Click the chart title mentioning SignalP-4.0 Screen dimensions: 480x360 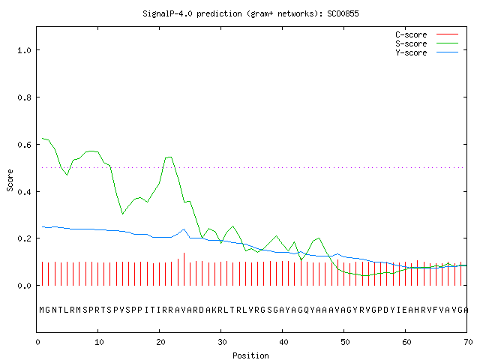[x=250, y=13]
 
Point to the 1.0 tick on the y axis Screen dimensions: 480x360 [x=25, y=50]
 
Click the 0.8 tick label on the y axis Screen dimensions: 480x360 [x=25, y=97]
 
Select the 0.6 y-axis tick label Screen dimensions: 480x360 [x=25, y=145]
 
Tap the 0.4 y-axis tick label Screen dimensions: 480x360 [x=25, y=192]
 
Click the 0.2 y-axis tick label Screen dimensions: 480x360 [x=25, y=238]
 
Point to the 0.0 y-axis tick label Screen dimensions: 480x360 [x=25, y=286]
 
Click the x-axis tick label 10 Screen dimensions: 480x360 [x=99, y=342]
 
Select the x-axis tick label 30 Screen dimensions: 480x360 [x=222, y=342]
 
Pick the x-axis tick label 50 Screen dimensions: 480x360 [x=345, y=342]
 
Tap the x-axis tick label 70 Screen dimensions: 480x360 [x=468, y=342]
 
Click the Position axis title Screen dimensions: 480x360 [x=250, y=355]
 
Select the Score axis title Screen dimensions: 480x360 [x=10, y=180]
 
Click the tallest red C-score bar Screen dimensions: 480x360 [x=184, y=269]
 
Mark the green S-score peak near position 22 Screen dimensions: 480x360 [x=170, y=157]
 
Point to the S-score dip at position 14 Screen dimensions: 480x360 [x=122, y=214]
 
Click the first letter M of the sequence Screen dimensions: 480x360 [x=42, y=310]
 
